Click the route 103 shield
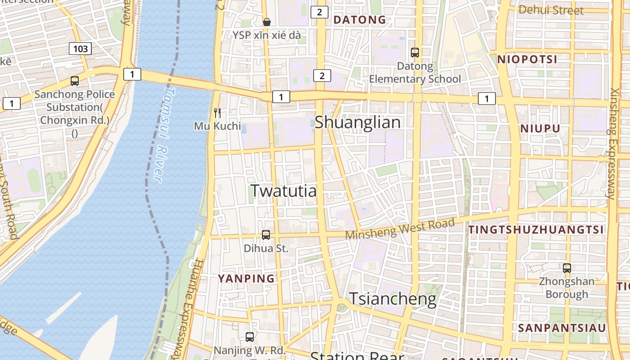pyautogui.click(x=81, y=49)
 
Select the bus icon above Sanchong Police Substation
pyautogui.click(x=75, y=81)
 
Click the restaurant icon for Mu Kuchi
pyautogui.click(x=218, y=112)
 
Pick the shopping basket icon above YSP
pyautogui.click(x=267, y=22)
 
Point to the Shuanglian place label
pyautogui.click(x=357, y=122)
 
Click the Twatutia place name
pyautogui.click(x=283, y=191)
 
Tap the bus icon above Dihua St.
pyautogui.click(x=266, y=234)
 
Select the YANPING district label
pyautogui.click(x=246, y=279)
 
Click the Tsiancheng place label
pyautogui.click(x=393, y=299)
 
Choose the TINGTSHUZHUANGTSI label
pyautogui.click(x=536, y=229)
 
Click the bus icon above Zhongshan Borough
pyautogui.click(x=567, y=268)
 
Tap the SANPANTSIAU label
pyautogui.click(x=562, y=328)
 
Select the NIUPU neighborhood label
pyautogui.click(x=540, y=129)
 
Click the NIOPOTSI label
pyautogui.click(x=527, y=59)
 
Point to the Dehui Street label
pyautogui.click(x=551, y=10)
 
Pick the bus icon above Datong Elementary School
pyautogui.click(x=415, y=53)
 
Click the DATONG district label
pyautogui.click(x=360, y=20)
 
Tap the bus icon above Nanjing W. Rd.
pyautogui.click(x=249, y=337)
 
